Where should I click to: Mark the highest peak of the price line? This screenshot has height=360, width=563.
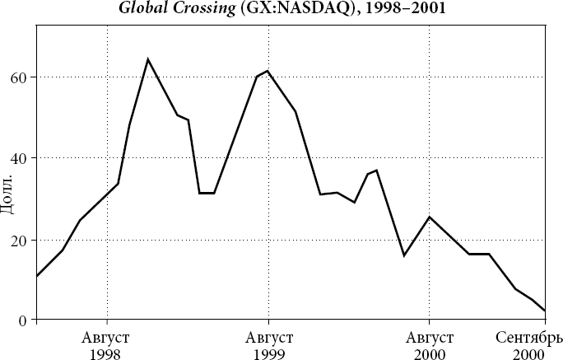[x=147, y=59]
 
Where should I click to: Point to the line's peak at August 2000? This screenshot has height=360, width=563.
[x=429, y=217]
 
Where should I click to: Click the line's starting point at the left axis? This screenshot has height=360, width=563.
[x=37, y=276]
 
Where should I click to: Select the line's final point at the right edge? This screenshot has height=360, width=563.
[x=545, y=311]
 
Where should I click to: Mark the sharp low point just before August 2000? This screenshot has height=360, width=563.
[x=404, y=255]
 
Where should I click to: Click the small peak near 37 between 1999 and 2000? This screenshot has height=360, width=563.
[x=376, y=170]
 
